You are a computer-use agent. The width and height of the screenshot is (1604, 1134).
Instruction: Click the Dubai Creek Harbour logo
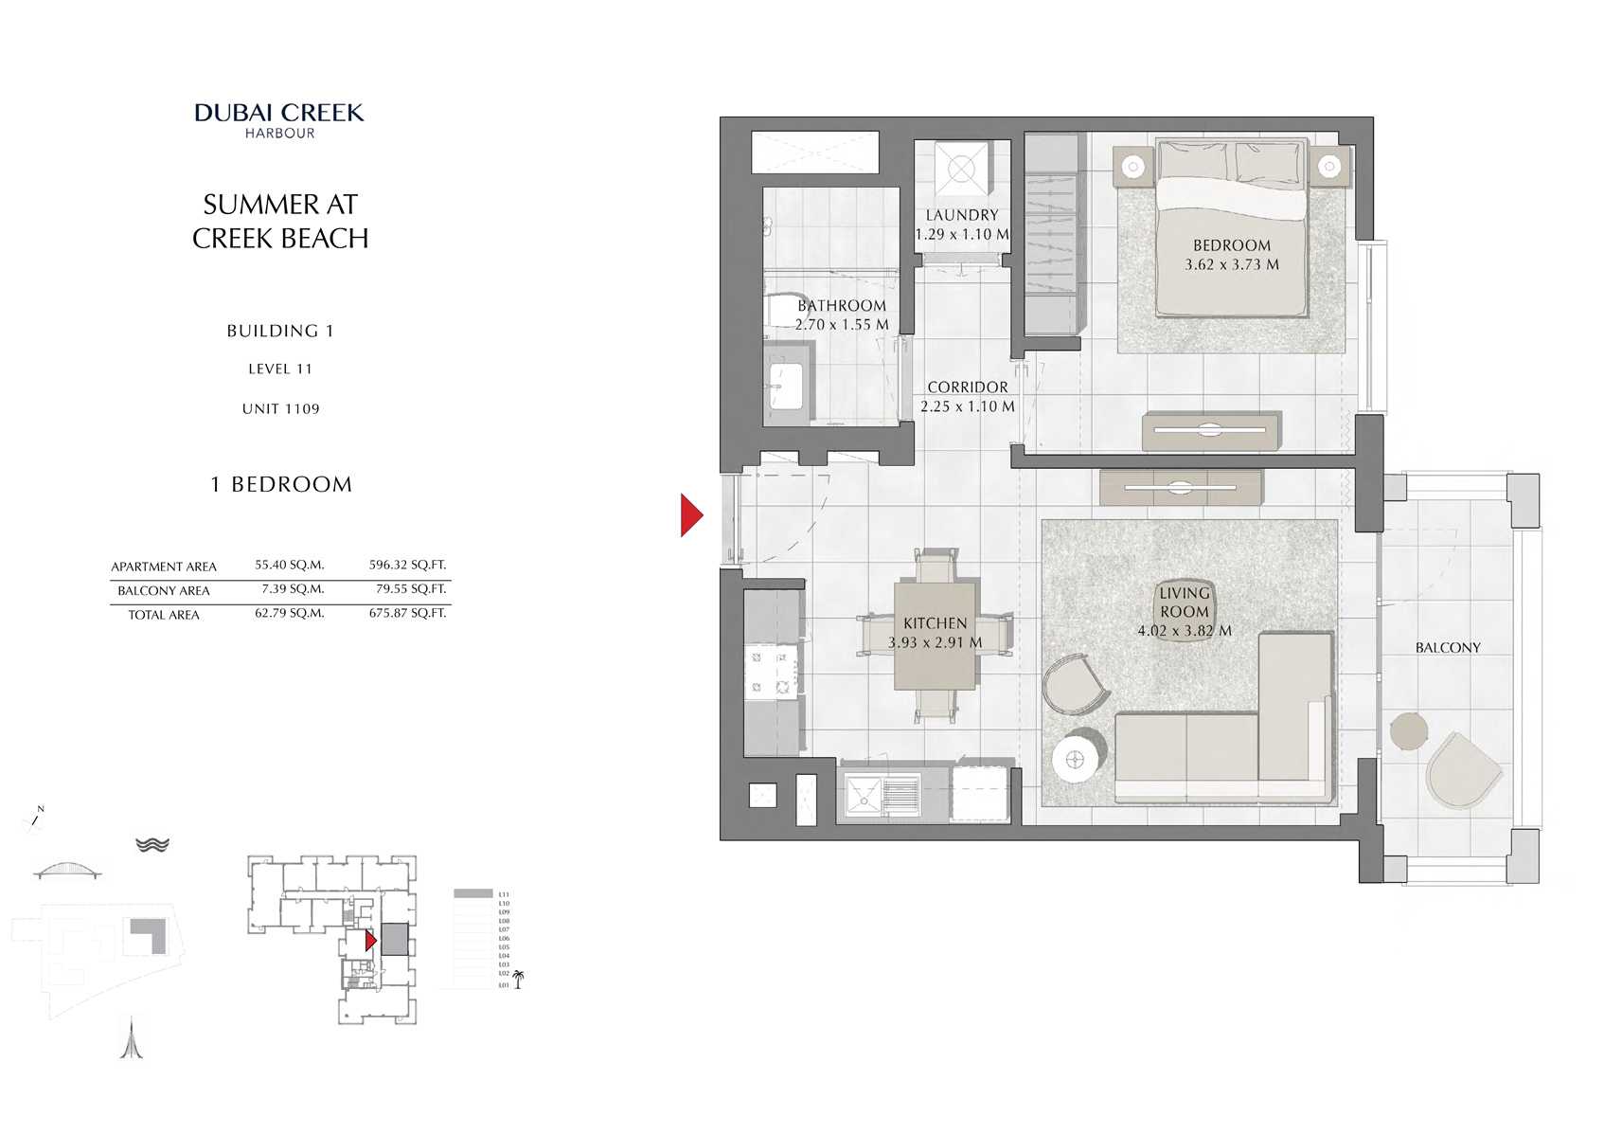click(x=279, y=119)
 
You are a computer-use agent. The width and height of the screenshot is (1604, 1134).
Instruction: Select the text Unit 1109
click(x=280, y=409)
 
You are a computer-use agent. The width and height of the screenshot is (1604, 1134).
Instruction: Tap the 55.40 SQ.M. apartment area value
click(x=289, y=565)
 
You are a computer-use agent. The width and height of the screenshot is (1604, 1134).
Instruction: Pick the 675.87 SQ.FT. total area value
click(x=407, y=614)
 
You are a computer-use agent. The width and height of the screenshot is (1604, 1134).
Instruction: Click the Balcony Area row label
click(x=164, y=590)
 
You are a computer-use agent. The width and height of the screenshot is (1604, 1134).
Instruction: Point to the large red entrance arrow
click(x=691, y=515)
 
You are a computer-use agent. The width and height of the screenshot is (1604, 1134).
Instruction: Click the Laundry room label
click(x=961, y=215)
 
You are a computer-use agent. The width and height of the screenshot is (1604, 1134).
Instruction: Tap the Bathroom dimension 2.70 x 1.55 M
click(x=842, y=324)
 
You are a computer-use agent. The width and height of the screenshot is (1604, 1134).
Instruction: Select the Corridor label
click(x=967, y=387)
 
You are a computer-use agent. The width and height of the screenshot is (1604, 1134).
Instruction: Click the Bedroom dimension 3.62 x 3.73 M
click(x=1231, y=265)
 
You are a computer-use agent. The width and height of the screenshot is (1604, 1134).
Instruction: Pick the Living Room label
click(x=1184, y=603)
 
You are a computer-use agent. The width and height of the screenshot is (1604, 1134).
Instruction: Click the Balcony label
click(x=1447, y=648)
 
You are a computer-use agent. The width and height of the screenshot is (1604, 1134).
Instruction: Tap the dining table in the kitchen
click(x=935, y=636)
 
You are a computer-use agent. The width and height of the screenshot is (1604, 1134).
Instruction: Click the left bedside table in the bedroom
click(x=1132, y=167)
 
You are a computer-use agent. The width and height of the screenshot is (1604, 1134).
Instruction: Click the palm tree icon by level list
click(x=518, y=980)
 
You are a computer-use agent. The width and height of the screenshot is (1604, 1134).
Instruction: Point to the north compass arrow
click(x=36, y=817)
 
